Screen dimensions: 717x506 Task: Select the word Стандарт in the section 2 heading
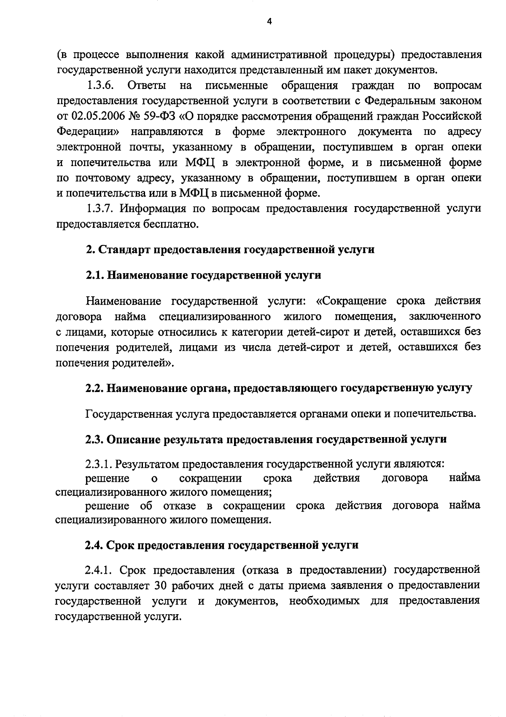click(124, 250)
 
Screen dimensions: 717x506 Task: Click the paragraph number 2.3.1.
click(99, 464)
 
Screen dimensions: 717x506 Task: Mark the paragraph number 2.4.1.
click(99, 570)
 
